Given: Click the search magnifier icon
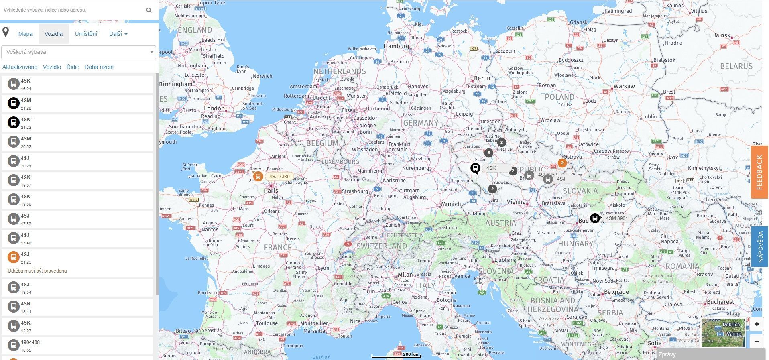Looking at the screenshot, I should click(149, 10).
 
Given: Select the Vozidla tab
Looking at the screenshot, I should click(53, 34).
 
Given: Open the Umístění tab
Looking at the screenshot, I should click(86, 34).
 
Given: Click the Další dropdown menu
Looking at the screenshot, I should click(118, 34).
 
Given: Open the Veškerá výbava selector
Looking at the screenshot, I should click(79, 52).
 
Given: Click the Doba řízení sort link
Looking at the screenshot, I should click(99, 67).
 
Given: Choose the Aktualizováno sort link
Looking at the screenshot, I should click(20, 67).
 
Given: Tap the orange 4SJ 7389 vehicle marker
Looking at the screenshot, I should click(258, 176).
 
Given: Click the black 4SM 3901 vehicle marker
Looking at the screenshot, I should click(595, 218).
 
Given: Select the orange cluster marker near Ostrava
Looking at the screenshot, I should click(562, 163).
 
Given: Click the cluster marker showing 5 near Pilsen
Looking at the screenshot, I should click(488, 153).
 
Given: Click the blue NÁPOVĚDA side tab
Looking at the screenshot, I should click(759, 246).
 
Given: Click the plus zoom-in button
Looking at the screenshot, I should click(757, 324).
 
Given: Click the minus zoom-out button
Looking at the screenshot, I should click(757, 341).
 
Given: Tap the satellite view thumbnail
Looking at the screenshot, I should click(723, 333).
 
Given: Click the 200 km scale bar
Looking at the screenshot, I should click(396, 355).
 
